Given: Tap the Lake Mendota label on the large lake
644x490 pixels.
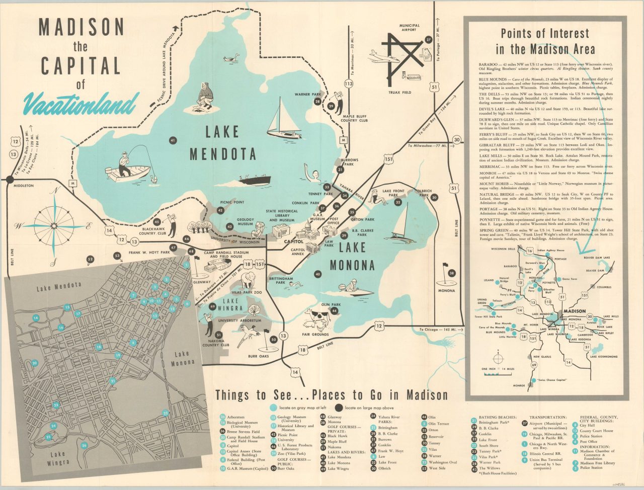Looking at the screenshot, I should (223, 142).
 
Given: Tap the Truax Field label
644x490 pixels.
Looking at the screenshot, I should (400, 93).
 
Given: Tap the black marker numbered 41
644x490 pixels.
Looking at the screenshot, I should (173, 141).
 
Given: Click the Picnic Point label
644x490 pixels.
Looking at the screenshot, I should (232, 202).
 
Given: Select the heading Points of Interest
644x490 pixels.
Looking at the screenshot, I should (545, 41).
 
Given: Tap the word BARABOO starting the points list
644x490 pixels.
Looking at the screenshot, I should (488, 65).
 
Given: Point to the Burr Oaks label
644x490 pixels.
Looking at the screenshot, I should (259, 356).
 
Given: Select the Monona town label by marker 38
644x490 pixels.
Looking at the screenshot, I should (446, 290).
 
